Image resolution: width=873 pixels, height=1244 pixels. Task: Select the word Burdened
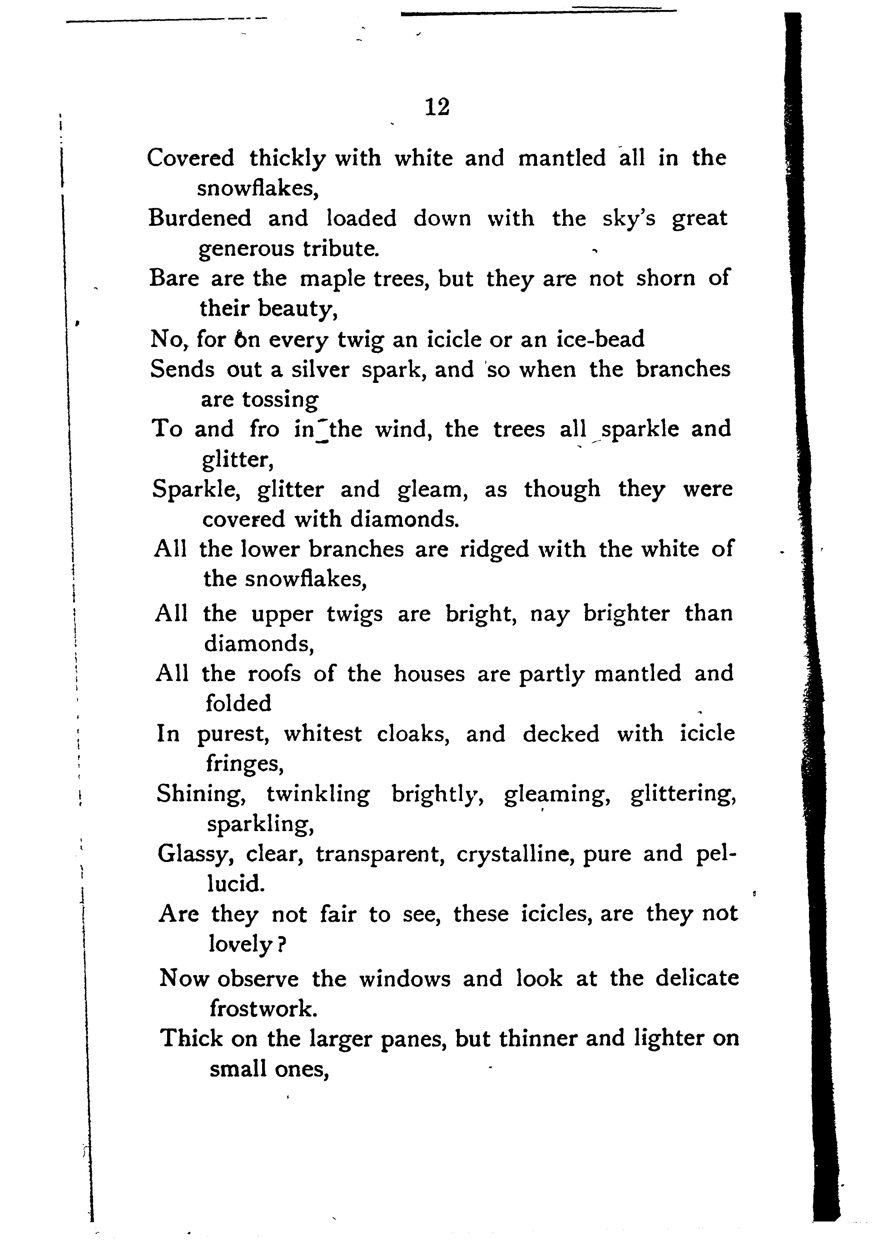(x=200, y=218)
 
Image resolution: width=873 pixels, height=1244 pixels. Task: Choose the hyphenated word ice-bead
(x=600, y=339)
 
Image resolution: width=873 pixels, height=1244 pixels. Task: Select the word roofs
(x=274, y=673)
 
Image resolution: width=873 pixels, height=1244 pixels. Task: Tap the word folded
(x=238, y=703)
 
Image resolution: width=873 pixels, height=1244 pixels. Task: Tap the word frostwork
(x=263, y=1008)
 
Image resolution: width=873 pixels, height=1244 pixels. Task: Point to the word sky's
(x=629, y=218)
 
